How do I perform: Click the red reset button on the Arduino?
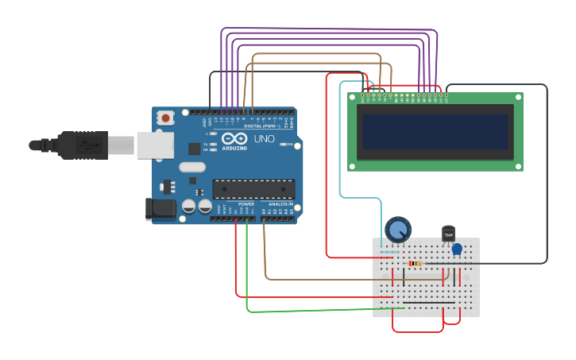(165, 118)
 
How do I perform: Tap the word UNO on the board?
(264, 139)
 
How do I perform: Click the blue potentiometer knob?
(398, 230)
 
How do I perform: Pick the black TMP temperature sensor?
(448, 234)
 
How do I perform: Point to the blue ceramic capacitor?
(457, 250)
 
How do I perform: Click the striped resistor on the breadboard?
(414, 263)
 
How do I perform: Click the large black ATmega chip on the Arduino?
(253, 189)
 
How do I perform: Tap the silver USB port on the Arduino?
(154, 145)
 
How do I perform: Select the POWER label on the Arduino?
(246, 204)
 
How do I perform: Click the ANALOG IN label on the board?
(280, 204)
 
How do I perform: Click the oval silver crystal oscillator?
(193, 167)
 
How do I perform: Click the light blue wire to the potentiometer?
(341, 159)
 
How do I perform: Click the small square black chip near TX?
(194, 148)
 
